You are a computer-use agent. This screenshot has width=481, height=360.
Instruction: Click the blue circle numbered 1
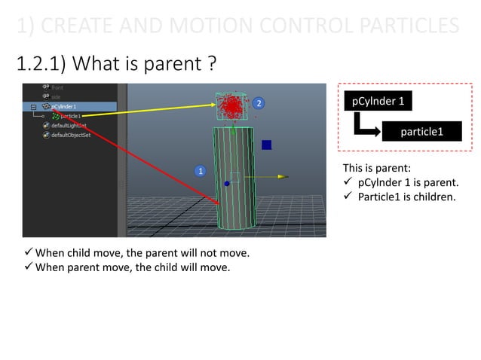tap(201, 171)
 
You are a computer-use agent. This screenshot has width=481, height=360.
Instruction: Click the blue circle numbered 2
tap(258, 102)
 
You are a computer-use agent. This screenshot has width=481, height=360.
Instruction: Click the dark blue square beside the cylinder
tap(266, 145)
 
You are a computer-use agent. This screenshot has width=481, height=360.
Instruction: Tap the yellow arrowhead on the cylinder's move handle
tap(283, 177)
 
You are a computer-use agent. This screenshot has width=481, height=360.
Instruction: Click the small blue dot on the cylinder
tap(227, 183)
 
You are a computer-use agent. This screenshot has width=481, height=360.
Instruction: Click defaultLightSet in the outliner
tap(69, 126)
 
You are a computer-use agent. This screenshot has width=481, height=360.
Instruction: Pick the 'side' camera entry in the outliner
tap(57, 97)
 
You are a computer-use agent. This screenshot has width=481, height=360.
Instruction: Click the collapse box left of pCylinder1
tap(32, 107)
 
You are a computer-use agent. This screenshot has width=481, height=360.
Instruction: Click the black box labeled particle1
tap(421, 133)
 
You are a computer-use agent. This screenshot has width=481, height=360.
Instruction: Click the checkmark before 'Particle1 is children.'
tap(348, 198)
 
